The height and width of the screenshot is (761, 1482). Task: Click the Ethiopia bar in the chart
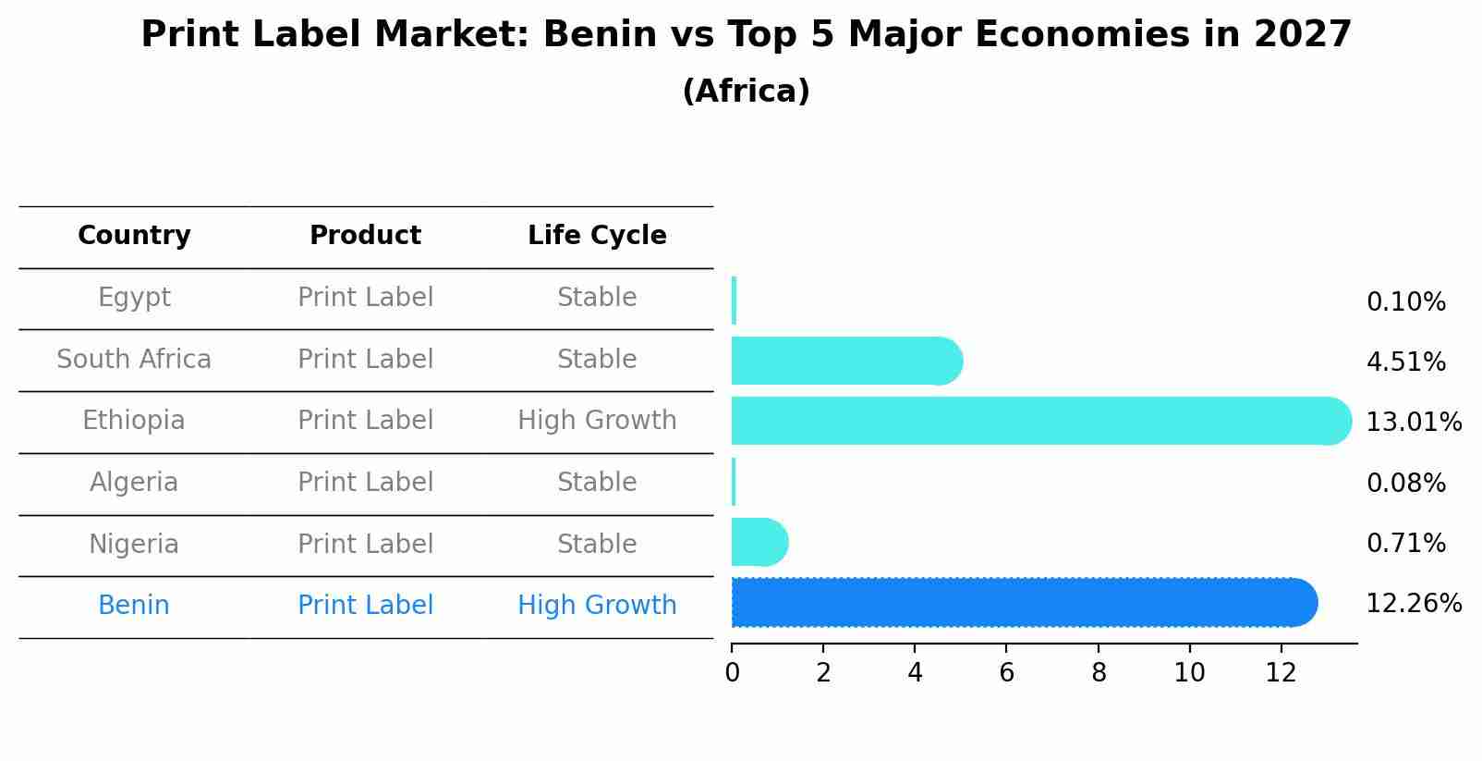tap(1035, 421)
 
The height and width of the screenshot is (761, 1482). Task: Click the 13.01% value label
tap(1413, 423)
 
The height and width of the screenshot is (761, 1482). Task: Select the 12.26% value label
tap(1413, 604)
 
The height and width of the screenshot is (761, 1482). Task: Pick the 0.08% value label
tap(1405, 483)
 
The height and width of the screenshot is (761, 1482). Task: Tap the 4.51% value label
tap(1405, 362)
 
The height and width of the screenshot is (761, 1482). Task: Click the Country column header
tap(134, 236)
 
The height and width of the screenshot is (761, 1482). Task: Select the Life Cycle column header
tap(597, 236)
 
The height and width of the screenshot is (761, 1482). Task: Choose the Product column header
tap(365, 236)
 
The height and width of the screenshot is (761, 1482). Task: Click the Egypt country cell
tap(134, 298)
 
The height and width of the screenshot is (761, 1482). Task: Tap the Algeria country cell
tap(134, 483)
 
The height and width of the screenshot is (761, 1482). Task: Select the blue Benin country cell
tap(134, 606)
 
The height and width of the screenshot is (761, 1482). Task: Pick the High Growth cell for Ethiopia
tap(597, 421)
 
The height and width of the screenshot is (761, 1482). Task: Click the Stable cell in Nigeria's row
tap(597, 544)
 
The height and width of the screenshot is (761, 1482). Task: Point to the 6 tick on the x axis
tap(1006, 672)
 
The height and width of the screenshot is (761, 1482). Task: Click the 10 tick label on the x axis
tap(1189, 672)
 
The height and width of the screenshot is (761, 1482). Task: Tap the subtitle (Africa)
tap(746, 92)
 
